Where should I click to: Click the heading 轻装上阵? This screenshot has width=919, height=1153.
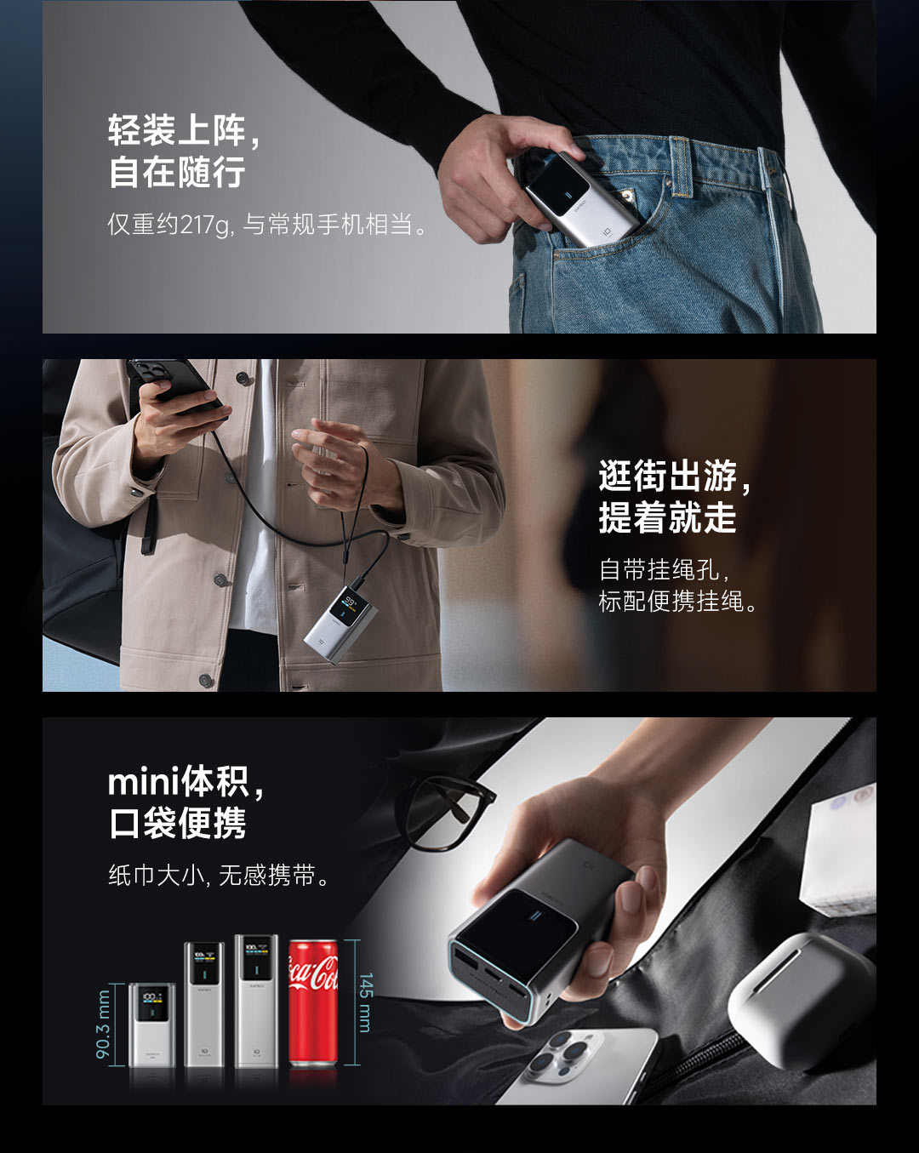click(177, 130)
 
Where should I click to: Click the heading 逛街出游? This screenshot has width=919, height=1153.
click(667, 477)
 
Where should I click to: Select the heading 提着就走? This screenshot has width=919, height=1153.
click(667, 517)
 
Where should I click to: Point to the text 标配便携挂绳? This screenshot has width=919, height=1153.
click(671, 601)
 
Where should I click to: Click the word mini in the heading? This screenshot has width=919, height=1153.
click(144, 782)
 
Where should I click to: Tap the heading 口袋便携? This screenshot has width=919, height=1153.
click(177, 824)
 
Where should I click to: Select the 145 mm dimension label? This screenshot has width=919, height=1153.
click(364, 1002)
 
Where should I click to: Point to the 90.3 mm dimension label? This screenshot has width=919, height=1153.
click(103, 1025)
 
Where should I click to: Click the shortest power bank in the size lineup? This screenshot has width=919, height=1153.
click(152, 1025)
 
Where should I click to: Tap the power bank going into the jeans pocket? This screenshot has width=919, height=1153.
click(581, 201)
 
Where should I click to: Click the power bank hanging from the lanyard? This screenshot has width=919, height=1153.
click(340, 625)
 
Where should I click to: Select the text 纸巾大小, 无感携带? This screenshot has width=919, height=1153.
click(219, 876)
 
